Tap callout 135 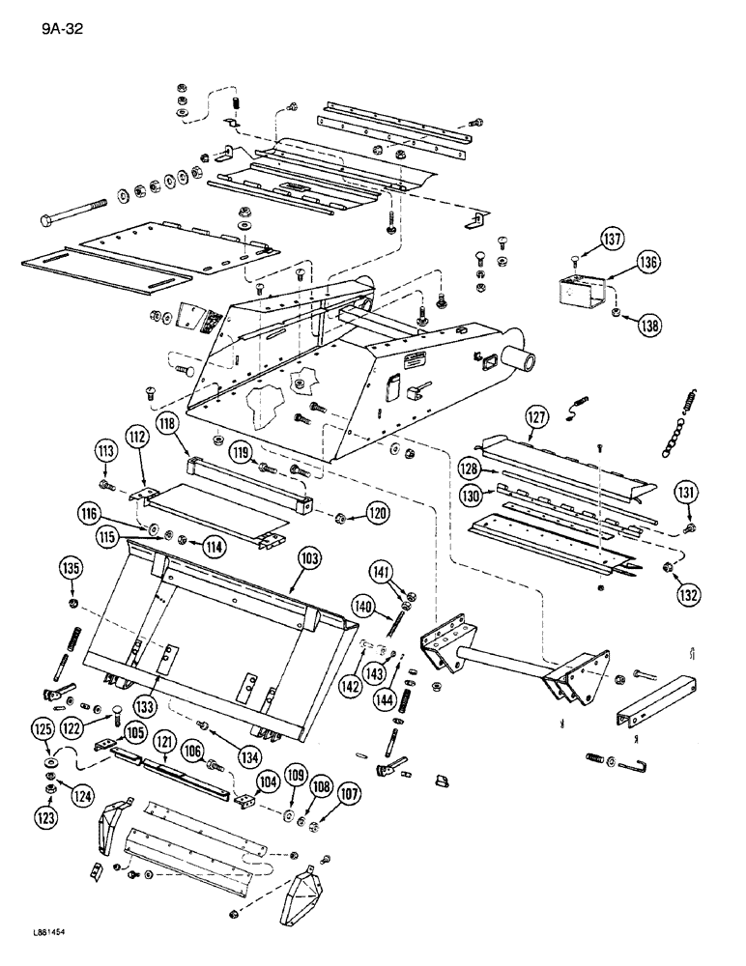coord(69,567)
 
